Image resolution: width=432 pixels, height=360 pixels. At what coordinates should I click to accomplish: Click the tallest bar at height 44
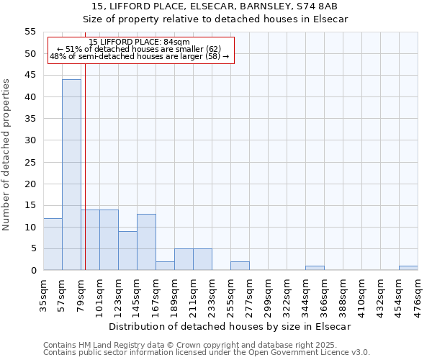(x=71, y=175)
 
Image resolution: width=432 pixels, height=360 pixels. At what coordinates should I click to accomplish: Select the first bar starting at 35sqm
(x=53, y=244)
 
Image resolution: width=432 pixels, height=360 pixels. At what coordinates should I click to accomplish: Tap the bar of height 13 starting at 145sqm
(x=146, y=242)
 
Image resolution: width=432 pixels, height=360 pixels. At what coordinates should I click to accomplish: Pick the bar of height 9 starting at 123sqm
(x=127, y=251)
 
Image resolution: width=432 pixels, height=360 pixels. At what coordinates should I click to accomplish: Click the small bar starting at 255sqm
(x=240, y=266)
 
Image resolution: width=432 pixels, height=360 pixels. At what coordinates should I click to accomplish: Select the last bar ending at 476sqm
(x=408, y=268)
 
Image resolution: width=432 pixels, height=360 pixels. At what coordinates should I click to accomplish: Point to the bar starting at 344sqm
(x=315, y=268)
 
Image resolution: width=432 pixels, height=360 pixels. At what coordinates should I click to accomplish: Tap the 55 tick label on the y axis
(x=30, y=32)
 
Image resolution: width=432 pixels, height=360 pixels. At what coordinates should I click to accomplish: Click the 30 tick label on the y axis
(x=30, y=140)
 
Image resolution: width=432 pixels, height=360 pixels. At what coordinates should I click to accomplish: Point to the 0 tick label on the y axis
(x=32, y=271)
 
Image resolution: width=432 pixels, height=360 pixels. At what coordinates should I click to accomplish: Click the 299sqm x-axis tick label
(x=269, y=294)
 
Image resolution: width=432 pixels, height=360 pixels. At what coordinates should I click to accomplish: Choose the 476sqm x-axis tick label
(x=418, y=294)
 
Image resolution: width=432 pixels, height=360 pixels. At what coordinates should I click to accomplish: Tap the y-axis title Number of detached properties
(x=7, y=155)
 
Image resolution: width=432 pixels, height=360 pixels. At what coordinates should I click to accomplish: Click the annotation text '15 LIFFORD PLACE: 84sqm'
(x=140, y=42)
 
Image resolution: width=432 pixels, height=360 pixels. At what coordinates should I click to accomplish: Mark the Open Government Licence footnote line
(x=206, y=353)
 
